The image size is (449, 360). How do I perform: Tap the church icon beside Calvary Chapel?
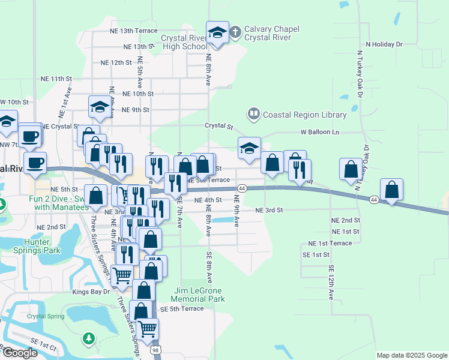pos(235,31)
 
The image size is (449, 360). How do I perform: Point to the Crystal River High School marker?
pos(217,33)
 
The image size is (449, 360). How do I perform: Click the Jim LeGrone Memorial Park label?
pos(198,294)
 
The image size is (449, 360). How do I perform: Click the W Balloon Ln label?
pos(320,132)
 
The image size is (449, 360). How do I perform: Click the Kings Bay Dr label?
pos(91,292)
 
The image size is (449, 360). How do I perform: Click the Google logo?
pos(19,353)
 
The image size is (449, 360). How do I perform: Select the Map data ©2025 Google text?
pos(411,355)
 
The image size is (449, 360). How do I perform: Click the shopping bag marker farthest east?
pos(391,190)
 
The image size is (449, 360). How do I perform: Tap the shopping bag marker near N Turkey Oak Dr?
pos(351,170)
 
